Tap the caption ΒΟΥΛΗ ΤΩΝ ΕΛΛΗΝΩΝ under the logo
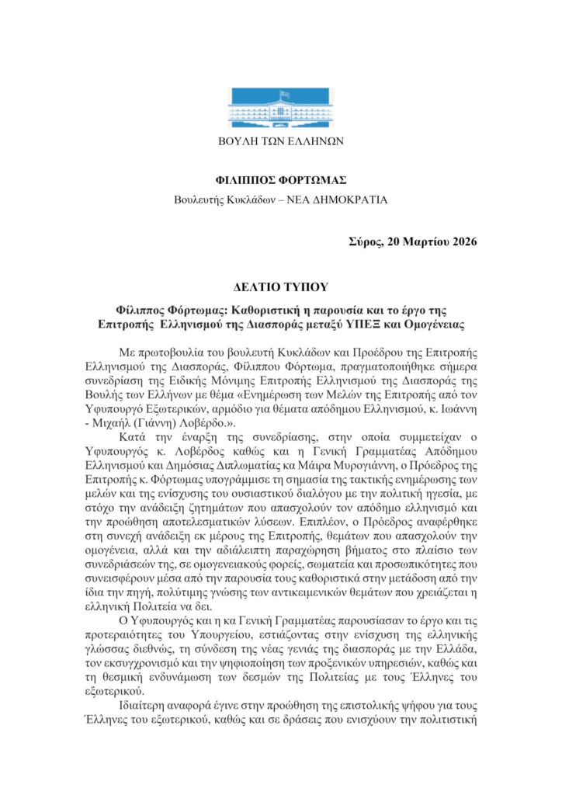pyautogui.click(x=280, y=141)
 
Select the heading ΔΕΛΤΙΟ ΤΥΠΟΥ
pyautogui.click(x=280, y=286)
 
